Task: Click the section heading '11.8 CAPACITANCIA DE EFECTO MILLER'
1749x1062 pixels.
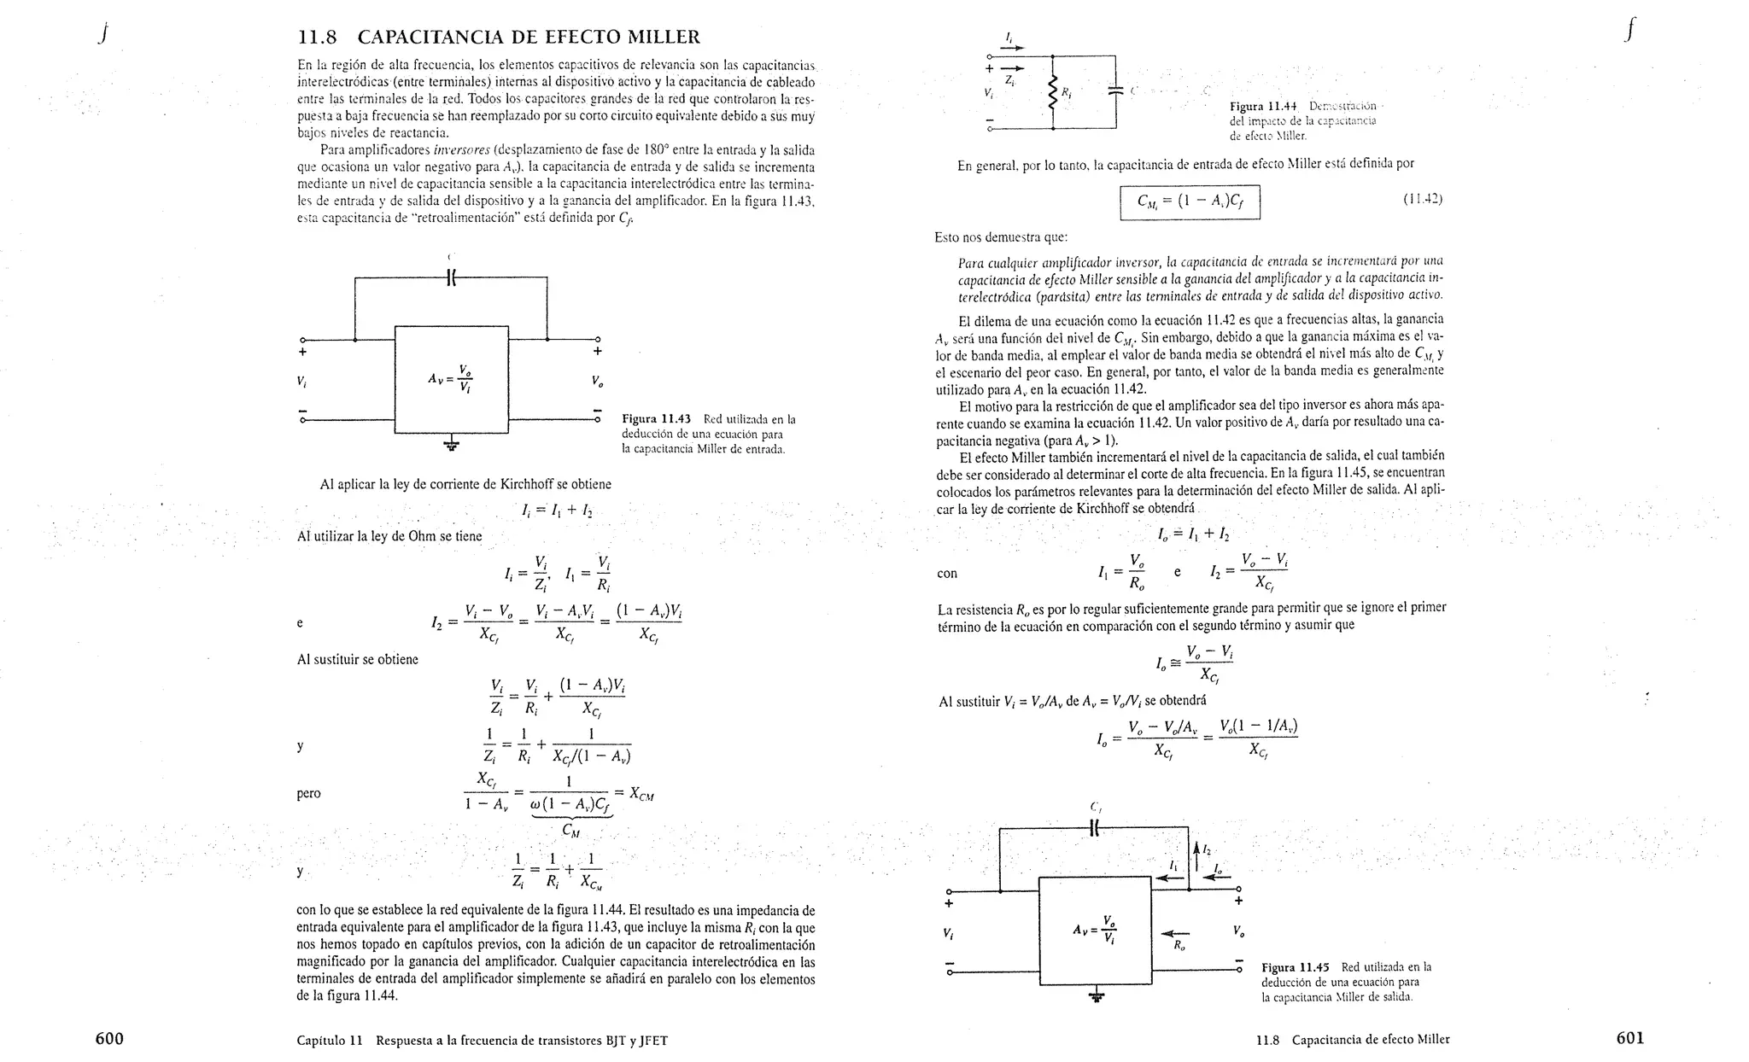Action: point(498,38)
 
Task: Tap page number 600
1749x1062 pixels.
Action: point(109,1038)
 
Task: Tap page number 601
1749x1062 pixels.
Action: point(1629,1038)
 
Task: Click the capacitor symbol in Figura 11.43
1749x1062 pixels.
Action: point(452,277)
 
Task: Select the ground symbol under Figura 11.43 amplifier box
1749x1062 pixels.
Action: point(451,444)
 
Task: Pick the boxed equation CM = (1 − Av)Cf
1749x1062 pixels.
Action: point(1190,202)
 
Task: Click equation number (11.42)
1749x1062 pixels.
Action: point(1422,200)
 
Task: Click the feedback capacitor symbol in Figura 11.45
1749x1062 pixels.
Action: point(1096,827)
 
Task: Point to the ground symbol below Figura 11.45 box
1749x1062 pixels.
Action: point(1096,995)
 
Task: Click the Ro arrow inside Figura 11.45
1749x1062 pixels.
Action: point(1176,933)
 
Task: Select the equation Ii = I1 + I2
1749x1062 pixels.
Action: point(557,511)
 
